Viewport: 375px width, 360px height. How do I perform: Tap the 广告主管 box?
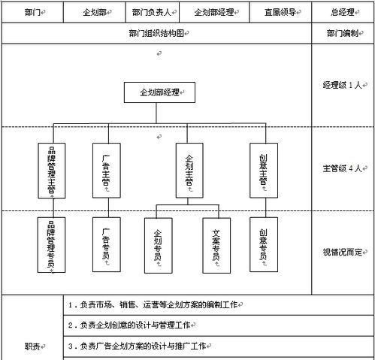pos(107,170)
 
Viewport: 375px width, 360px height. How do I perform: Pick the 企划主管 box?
pos(189,170)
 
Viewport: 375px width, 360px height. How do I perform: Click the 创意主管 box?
pos(263,170)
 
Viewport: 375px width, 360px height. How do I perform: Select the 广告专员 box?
pos(107,244)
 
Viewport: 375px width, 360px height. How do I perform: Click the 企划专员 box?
pos(159,244)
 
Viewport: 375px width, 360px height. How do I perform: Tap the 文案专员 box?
pos(216,244)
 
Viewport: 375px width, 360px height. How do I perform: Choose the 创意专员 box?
pos(263,244)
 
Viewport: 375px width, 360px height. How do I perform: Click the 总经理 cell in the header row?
pos(343,13)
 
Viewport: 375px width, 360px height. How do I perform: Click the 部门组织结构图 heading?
pos(156,34)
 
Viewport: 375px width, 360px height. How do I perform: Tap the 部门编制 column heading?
pos(343,34)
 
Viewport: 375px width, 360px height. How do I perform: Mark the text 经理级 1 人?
pos(343,84)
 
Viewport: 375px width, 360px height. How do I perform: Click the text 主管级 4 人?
pos(343,168)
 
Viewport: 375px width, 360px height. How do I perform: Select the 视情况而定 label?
pos(343,253)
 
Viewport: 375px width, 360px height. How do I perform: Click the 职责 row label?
pos(33,346)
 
